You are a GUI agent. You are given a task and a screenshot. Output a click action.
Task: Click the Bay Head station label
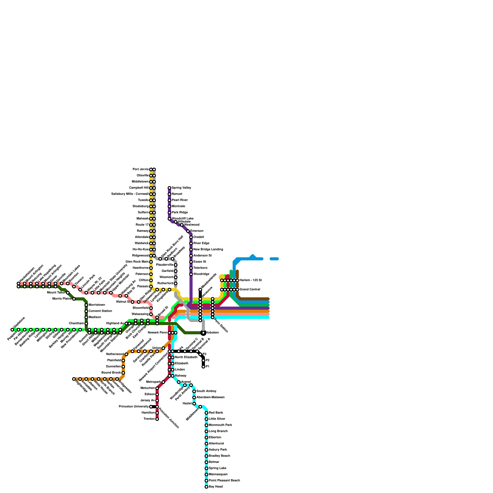215,487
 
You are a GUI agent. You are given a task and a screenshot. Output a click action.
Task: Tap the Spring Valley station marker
169,188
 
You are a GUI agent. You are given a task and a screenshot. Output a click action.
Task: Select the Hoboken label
212,333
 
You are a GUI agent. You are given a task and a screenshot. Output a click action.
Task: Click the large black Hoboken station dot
203,333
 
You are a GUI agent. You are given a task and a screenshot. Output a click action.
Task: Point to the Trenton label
149,419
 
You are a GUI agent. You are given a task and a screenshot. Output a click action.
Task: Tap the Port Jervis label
141,169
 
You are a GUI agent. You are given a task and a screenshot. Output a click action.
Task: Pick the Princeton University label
134,407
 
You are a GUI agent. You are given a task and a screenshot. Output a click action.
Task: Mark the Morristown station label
97,305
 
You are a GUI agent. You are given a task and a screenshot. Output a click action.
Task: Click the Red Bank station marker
206,413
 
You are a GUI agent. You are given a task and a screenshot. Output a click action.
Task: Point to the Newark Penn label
157,333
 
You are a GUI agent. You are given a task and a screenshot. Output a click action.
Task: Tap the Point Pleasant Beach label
224,481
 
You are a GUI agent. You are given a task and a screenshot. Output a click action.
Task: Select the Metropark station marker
163,382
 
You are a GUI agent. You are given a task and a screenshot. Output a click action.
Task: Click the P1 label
207,367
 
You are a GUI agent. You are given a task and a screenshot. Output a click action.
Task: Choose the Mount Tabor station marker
68,293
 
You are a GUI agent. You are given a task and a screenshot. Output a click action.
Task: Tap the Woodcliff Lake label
182,219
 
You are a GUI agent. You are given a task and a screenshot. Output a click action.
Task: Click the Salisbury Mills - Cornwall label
130,194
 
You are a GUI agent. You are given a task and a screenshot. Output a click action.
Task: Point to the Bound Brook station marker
123,373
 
